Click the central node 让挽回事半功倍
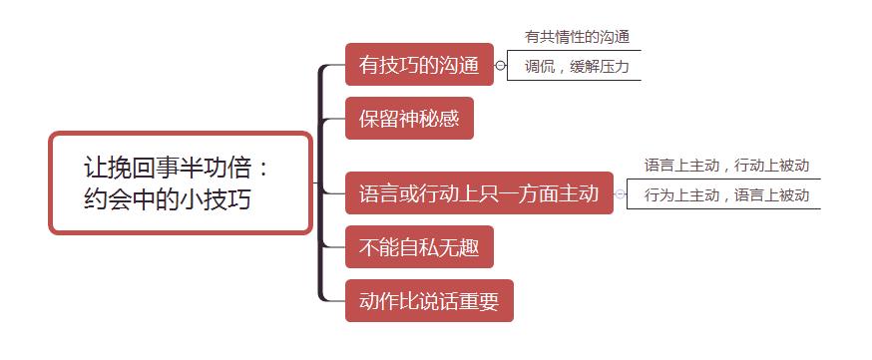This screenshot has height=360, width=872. (181, 182)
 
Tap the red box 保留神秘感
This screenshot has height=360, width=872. (409, 120)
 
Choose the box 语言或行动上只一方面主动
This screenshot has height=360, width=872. (479, 193)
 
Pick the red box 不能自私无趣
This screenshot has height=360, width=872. (419, 247)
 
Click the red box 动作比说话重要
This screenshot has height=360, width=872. (429, 300)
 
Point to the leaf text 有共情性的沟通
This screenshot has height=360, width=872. (577, 37)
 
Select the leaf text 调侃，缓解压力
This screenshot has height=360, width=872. (577, 68)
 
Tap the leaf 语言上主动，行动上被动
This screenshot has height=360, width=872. (725, 165)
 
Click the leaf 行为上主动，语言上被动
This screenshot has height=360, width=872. (725, 195)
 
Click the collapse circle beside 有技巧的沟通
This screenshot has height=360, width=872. (501, 67)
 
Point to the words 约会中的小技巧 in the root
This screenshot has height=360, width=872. (167, 199)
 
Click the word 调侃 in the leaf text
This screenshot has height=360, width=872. (540, 68)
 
